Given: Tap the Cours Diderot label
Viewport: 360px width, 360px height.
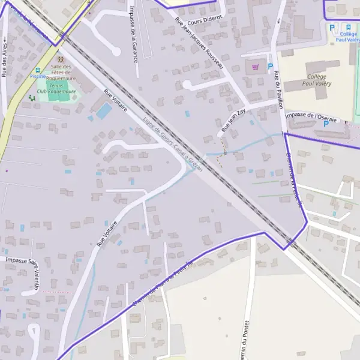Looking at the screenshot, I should [204, 18].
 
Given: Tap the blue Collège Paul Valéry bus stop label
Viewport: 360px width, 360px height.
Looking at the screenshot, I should [348, 37].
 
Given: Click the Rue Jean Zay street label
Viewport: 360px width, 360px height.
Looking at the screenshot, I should [233, 121].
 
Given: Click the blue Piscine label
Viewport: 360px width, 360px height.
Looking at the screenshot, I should [37, 77].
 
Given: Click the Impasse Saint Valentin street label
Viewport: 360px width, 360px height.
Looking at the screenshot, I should [30, 268].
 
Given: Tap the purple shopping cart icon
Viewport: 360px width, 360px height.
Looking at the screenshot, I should [255, 67].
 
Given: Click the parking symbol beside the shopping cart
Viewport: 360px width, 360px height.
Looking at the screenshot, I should [270, 67].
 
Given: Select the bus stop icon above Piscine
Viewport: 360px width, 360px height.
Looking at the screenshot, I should [37, 70].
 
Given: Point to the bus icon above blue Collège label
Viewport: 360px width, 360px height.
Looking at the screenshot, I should [348, 27].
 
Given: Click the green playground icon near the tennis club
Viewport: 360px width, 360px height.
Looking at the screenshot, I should [32, 97].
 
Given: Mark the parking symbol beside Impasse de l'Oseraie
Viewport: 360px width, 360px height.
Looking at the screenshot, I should [326, 124].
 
